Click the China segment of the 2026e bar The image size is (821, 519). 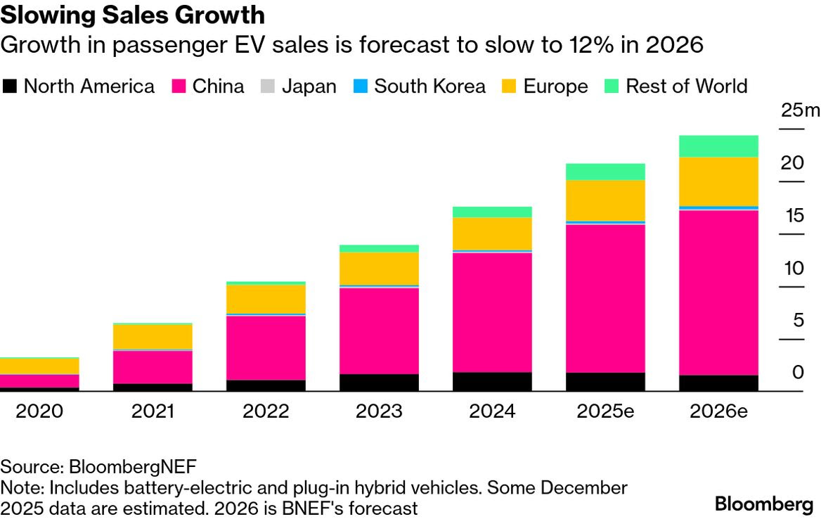click(718, 293)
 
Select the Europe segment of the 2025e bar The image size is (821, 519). click(605, 200)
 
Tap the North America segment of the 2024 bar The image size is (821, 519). click(492, 381)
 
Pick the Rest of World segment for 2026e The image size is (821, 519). click(718, 146)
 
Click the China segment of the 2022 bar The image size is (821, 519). click(266, 348)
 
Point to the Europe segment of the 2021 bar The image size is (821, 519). click(153, 337)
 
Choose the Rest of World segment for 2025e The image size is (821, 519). click(605, 172)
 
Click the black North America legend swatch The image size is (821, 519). click(9, 86)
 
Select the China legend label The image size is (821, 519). click(219, 86)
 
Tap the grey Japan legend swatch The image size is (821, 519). click(268, 86)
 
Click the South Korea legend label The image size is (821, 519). click(429, 86)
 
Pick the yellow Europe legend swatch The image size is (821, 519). click(510, 86)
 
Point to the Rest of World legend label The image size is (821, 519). click(686, 86)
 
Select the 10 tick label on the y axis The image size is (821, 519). click(792, 268)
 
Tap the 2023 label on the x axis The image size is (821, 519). click(379, 411)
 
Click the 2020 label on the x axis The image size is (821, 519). click(39, 411)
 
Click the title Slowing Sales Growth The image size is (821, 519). click(133, 15)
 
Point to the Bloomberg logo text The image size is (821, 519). click(763, 504)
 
